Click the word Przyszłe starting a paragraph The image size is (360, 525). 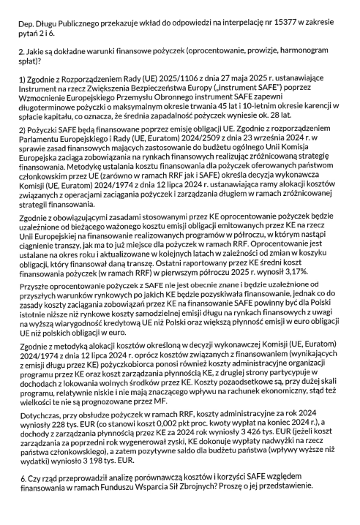[34, 287]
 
